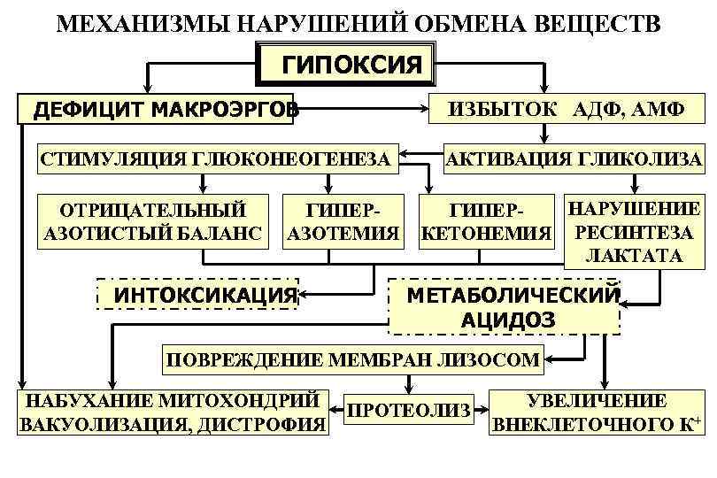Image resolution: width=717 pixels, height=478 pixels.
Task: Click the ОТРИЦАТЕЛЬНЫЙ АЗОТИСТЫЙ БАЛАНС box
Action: pos(153,222)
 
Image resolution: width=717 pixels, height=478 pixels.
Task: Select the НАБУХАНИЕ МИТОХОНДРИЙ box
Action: pos(173,412)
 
